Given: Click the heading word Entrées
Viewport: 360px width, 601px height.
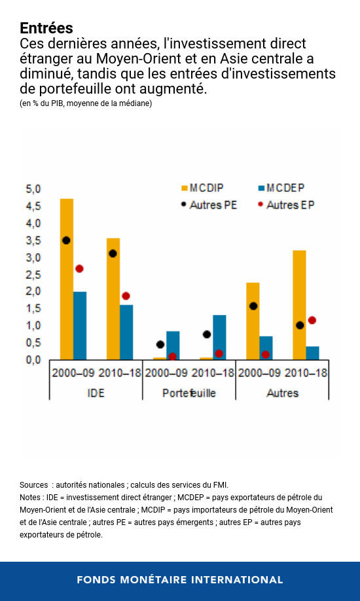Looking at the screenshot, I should pyautogui.click(x=46, y=28).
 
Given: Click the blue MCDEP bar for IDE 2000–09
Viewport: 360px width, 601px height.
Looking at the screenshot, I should pyautogui.click(x=80, y=325).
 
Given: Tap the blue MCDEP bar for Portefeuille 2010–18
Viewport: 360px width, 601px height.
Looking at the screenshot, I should pyautogui.click(x=219, y=337).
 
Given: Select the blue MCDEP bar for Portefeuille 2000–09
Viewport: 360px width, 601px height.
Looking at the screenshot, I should pyautogui.click(x=173, y=345).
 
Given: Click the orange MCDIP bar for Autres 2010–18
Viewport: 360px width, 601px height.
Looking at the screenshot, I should pyautogui.click(x=299, y=304).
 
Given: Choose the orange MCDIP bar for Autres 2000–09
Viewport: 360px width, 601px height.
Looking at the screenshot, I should pyautogui.click(x=253, y=321).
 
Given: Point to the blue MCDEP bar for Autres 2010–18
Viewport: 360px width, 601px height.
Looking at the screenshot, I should pyautogui.click(x=313, y=353).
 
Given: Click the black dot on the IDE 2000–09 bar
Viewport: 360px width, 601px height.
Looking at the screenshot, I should pyautogui.click(x=66, y=240).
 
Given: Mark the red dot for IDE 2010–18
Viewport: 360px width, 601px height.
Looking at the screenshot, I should pyautogui.click(x=126, y=296).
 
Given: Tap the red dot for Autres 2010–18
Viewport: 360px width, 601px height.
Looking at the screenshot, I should pyautogui.click(x=312, y=320).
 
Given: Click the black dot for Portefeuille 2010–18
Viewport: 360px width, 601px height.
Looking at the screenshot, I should pyautogui.click(x=207, y=335).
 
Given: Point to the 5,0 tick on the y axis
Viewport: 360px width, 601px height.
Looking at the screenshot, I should pyautogui.click(x=33, y=189).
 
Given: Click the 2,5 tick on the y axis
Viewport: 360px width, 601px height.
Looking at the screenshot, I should pyautogui.click(x=33, y=274).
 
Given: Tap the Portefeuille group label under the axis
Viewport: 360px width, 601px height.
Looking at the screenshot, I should pyautogui.click(x=189, y=393).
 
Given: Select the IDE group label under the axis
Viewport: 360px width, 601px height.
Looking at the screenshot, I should pyautogui.click(x=96, y=393).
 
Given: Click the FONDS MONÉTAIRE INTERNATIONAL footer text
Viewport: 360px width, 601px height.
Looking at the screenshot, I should pyautogui.click(x=180, y=580).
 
